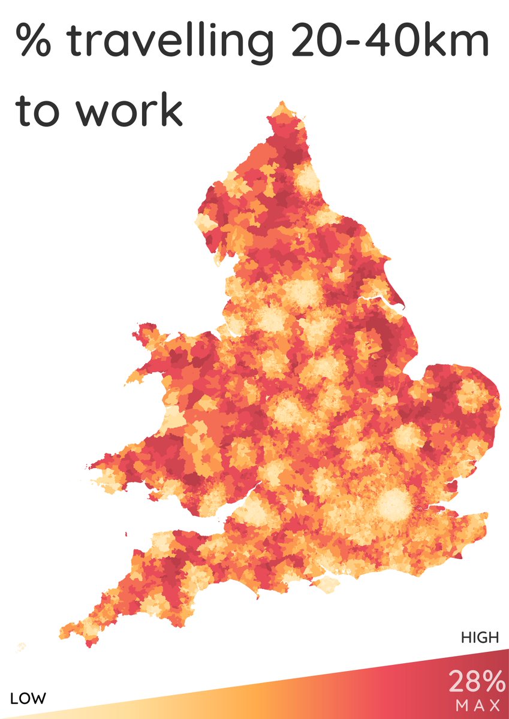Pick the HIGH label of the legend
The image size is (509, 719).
pyautogui.click(x=480, y=638)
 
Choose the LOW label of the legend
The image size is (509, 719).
pyautogui.click(x=29, y=698)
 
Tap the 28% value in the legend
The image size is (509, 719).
pyautogui.click(x=477, y=682)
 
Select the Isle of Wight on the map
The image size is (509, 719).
pyautogui.click(x=327, y=583)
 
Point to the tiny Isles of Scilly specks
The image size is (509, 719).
pyautogui.click(x=22, y=646)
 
